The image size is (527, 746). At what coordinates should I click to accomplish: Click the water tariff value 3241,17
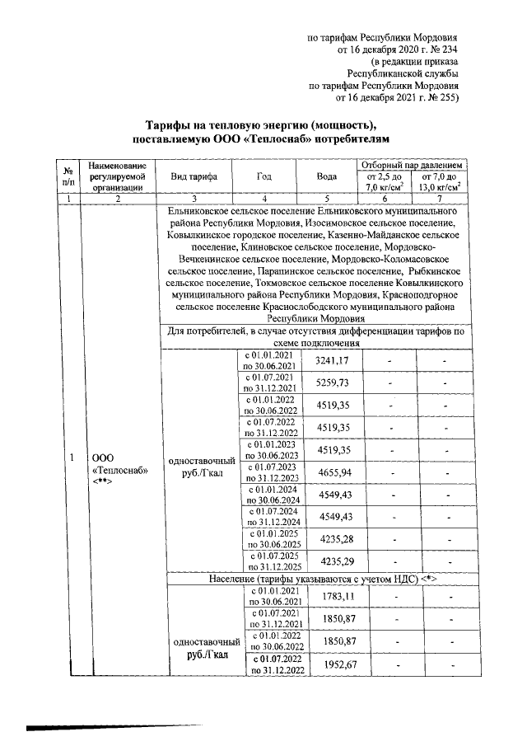pyautogui.click(x=333, y=360)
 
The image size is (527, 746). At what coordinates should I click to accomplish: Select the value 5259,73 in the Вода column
pyautogui.click(x=333, y=382)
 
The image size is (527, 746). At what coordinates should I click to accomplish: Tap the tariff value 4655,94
pyautogui.click(x=333, y=472)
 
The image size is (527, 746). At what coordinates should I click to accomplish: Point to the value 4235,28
pyautogui.click(x=333, y=539)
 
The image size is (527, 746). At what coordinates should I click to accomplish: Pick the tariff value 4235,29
pyautogui.click(x=333, y=561)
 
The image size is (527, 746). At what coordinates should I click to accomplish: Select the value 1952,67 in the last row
pyautogui.click(x=333, y=664)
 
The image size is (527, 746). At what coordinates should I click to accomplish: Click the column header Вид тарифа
pyautogui.click(x=194, y=176)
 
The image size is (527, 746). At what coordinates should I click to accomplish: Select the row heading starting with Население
pyautogui.click(x=316, y=579)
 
